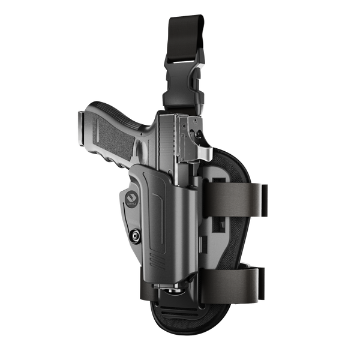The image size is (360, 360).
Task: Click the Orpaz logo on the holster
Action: click(x=132, y=198)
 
